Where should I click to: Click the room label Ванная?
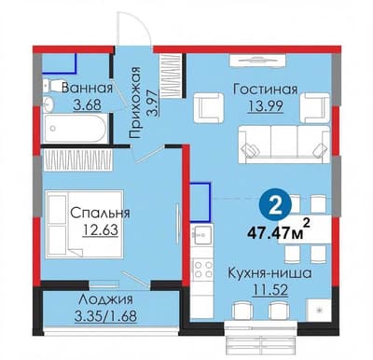click(x=87, y=89)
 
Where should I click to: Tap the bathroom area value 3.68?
click(x=87, y=104)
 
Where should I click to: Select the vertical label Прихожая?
click(x=135, y=103)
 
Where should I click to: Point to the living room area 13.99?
click(x=265, y=106)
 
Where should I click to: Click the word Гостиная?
click(x=266, y=90)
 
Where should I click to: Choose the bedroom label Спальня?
click(x=100, y=214)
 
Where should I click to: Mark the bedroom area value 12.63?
click(x=101, y=230)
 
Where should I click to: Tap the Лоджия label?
click(x=105, y=299)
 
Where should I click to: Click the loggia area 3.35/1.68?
click(x=105, y=316)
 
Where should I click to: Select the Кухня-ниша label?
click(x=269, y=274)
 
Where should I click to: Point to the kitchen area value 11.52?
click(x=270, y=291)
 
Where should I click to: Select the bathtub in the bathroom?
click(x=75, y=128)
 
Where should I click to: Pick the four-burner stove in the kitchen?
click(x=202, y=270)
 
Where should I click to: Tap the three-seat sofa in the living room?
click(x=283, y=145)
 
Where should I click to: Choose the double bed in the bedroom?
click(x=85, y=224)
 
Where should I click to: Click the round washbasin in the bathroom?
click(x=48, y=104)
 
